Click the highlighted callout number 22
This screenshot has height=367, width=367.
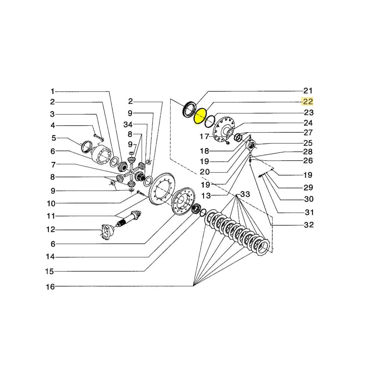pos(308,102)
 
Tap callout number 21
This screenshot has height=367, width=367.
pos(308,91)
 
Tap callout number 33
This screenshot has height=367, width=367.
pos(245,195)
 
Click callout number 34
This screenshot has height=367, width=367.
pos(128,125)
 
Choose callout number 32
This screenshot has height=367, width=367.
pos(309,225)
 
